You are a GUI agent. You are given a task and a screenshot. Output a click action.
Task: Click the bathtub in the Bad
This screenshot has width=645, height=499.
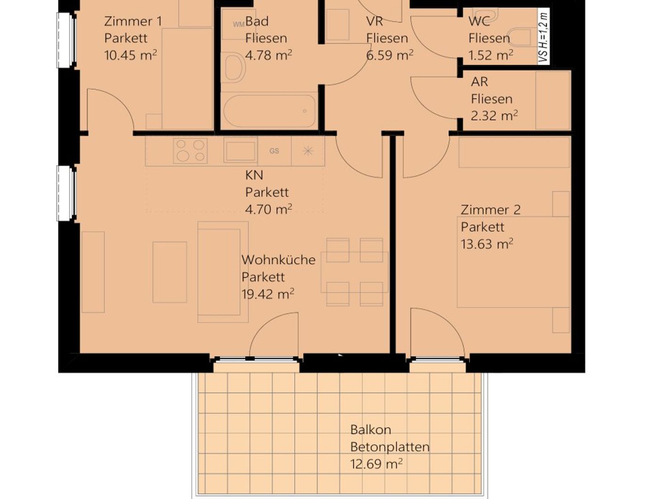point(269,112)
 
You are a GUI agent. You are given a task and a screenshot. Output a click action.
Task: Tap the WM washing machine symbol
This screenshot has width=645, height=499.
point(239,24)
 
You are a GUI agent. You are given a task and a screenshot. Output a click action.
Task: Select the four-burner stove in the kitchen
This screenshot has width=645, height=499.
point(190,151)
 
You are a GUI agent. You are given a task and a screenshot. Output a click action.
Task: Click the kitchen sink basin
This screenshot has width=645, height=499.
point(240,151)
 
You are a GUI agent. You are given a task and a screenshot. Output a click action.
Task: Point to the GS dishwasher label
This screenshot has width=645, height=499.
point(274,151)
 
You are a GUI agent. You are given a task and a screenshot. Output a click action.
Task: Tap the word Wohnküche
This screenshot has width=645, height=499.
point(278,260)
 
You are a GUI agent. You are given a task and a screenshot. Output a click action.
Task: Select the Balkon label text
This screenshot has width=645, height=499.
point(371,430)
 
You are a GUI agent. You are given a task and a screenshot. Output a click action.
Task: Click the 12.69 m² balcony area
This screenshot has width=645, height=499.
point(376,464)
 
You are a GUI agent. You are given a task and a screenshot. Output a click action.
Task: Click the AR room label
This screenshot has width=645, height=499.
point(479,82)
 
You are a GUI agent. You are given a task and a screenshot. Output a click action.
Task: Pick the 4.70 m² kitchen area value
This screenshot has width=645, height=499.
point(268,209)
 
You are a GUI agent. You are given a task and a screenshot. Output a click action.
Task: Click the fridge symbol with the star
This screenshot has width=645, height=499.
point(308,151)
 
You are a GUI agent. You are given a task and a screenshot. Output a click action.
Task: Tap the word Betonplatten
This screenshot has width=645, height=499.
point(390,447)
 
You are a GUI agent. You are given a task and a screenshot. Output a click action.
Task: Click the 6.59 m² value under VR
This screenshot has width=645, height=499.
point(390,55)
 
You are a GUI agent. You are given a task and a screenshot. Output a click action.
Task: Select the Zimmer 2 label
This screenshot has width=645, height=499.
point(491,210)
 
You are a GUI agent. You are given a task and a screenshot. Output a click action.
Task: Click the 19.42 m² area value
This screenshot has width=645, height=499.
point(267,294)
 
